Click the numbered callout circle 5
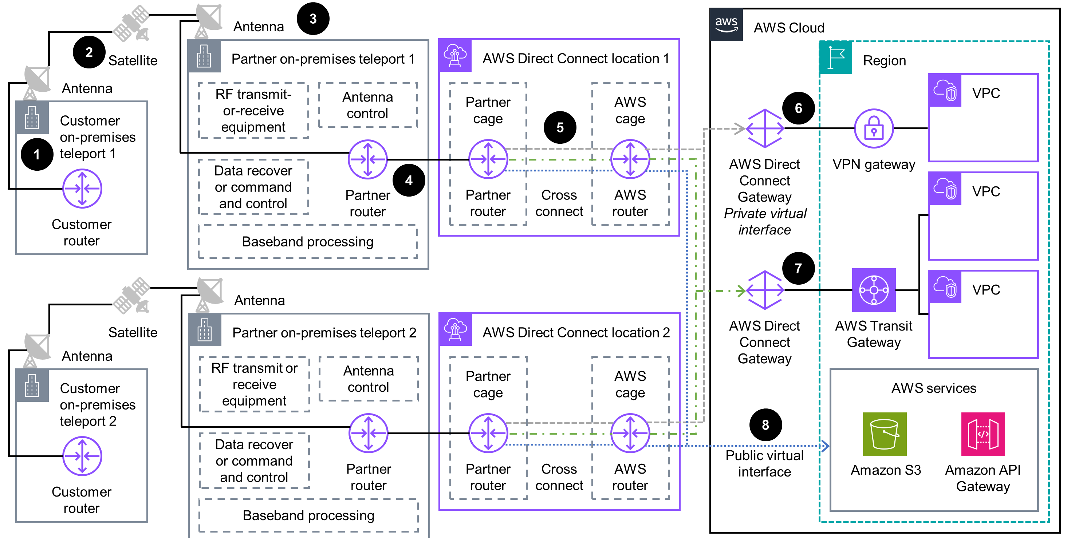[560, 127]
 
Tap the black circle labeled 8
[765, 424]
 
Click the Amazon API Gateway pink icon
[983, 434]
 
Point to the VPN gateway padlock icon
[874, 128]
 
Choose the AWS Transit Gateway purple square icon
[874, 290]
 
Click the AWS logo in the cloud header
[726, 25]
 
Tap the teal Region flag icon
[836, 58]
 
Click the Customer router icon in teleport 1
[82, 189]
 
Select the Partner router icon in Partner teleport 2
[368, 433]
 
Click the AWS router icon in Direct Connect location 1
[630, 159]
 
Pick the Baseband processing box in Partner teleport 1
[308, 241]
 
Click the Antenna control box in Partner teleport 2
[368, 379]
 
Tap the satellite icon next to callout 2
[132, 23]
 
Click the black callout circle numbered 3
[313, 19]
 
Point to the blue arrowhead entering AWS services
[825, 446]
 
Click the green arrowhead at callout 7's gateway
[741, 291]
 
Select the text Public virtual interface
[764, 463]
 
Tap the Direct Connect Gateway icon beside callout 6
[765, 128]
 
